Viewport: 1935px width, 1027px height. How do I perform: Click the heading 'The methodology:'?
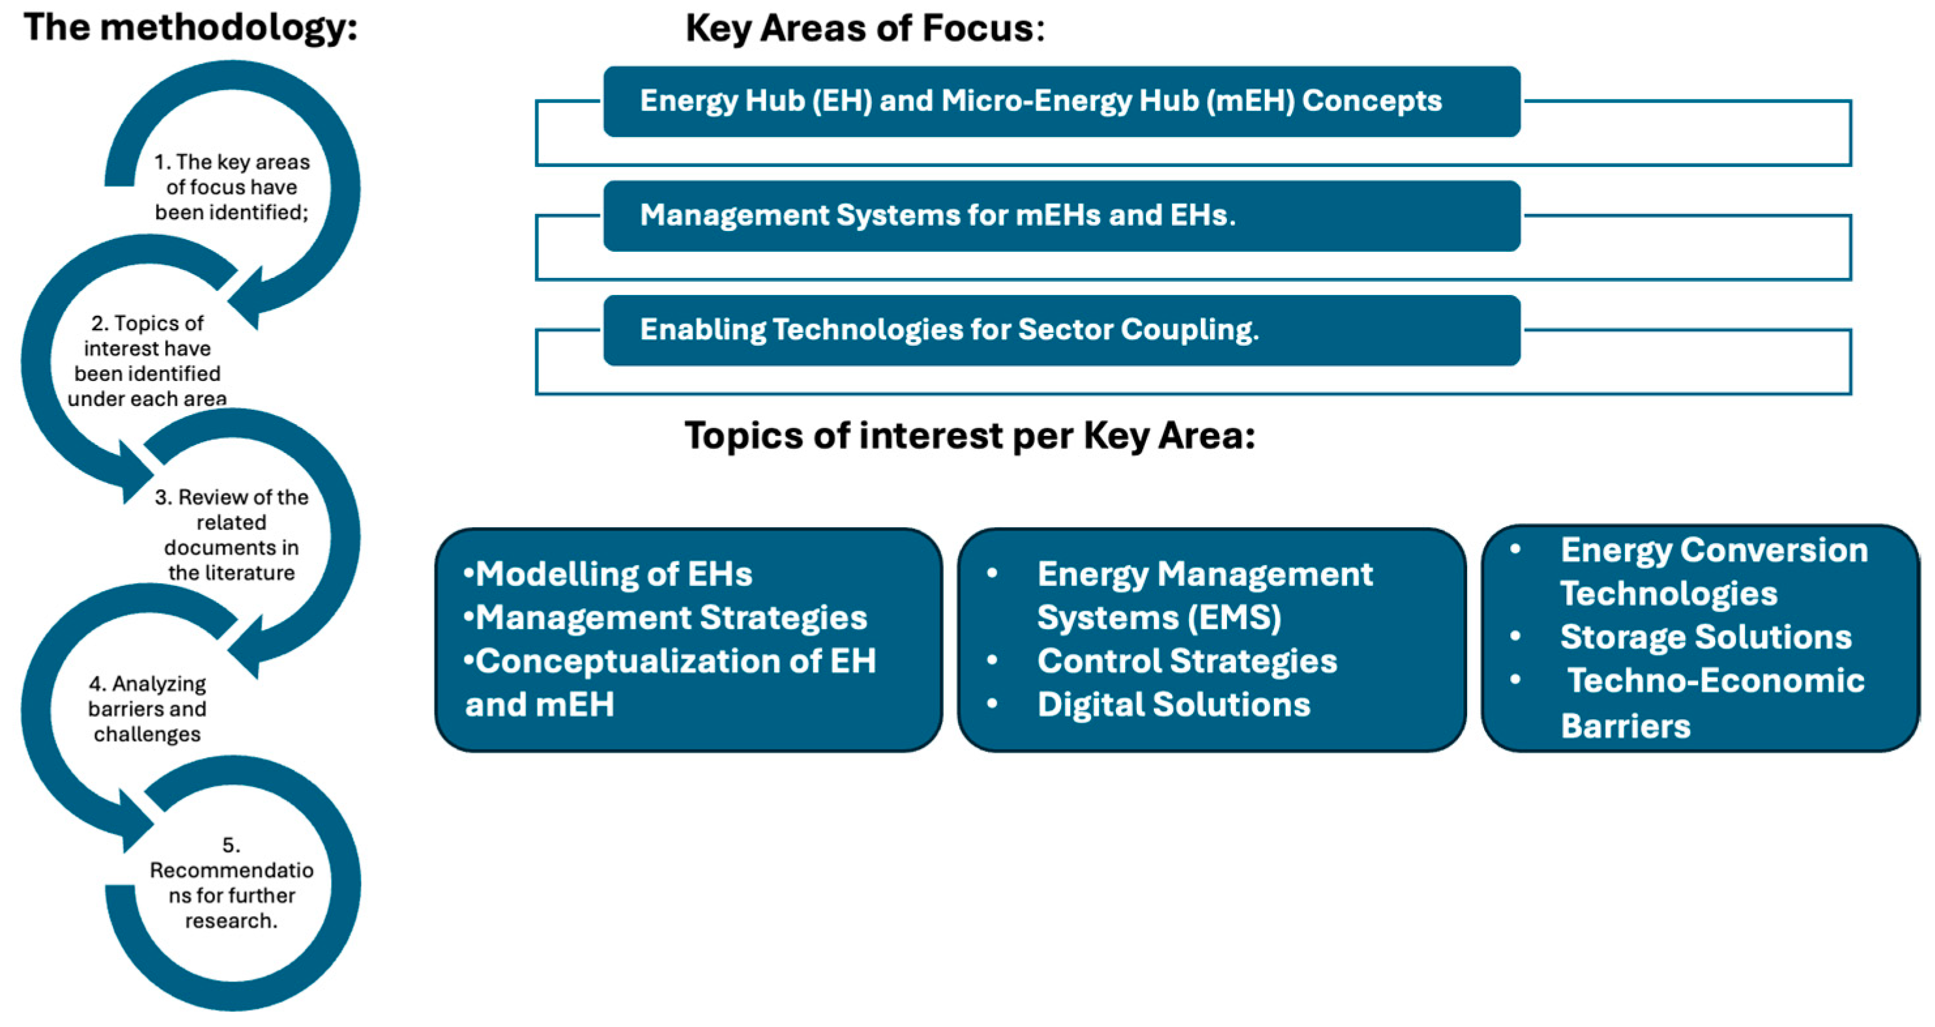tap(191, 28)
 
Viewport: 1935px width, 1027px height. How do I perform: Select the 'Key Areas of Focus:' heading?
tap(865, 29)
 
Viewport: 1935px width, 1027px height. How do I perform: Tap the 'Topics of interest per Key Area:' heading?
tap(970, 436)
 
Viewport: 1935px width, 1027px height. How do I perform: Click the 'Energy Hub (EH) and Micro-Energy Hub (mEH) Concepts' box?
tap(1062, 101)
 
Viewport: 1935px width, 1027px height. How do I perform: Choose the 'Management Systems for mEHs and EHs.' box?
tap(1062, 215)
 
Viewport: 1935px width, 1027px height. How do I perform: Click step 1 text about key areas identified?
tap(232, 187)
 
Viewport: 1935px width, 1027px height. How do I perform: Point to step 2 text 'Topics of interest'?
tap(147, 361)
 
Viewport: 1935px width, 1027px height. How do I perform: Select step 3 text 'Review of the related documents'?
tap(232, 535)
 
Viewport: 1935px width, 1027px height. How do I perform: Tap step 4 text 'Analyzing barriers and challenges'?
tap(147, 709)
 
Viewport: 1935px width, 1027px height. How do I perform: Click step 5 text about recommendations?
tap(232, 883)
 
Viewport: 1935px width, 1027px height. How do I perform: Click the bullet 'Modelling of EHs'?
tap(608, 575)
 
